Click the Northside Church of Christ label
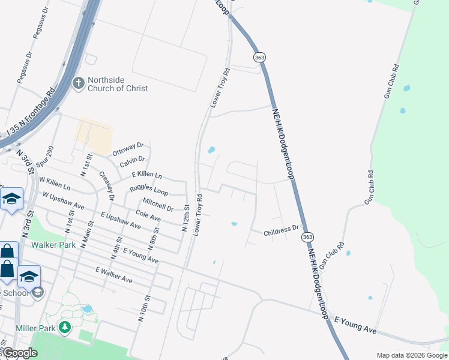pos(118,84)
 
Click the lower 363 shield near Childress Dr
pos(307,237)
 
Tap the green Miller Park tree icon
pos(64,328)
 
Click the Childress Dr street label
pos(282,229)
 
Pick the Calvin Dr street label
pos(132,160)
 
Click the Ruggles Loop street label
pos(149,191)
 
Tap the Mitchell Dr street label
pos(158,205)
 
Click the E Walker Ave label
pos(113,275)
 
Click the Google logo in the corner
pos(20,353)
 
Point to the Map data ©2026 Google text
pos(411,355)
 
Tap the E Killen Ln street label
pos(147,174)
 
